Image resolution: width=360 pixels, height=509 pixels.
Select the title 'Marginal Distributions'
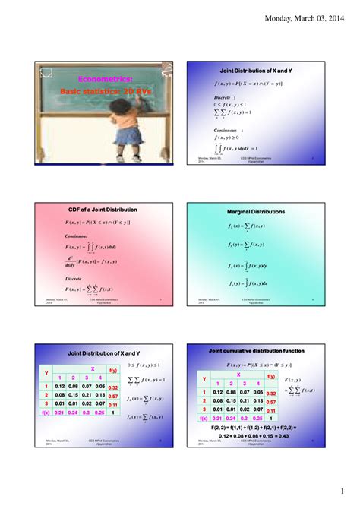coord(256,211)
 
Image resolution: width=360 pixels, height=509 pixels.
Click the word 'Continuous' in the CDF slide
coord(78,236)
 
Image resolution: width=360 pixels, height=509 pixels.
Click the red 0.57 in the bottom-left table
coord(112,396)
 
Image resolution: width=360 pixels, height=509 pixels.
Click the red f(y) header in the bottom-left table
coord(112,370)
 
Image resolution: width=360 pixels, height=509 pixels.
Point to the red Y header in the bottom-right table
coord(203,378)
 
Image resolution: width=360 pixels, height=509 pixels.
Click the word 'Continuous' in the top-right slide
coord(229,131)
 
